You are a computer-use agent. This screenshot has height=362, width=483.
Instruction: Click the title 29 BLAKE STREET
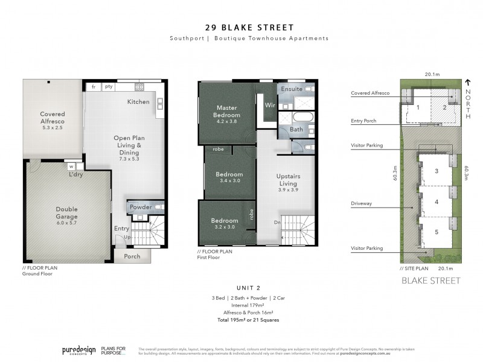coord(241,27)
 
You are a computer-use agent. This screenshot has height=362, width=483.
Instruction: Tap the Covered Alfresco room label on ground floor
coord(53,117)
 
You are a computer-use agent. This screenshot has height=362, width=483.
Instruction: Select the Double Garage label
coord(66,212)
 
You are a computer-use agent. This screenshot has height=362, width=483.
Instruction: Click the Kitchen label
coord(138,102)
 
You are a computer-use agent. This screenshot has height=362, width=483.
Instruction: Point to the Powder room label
coord(140,207)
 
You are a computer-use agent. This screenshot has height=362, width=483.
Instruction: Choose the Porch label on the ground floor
coord(132,256)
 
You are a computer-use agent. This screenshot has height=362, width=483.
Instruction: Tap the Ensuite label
coord(291,89)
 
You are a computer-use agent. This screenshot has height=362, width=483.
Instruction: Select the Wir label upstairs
coord(270,106)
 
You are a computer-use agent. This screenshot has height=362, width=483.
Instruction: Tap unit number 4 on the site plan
coord(436,202)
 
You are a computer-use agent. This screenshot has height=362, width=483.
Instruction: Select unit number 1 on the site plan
coord(418,107)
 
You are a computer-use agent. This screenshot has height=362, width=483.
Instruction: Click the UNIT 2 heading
coord(241,288)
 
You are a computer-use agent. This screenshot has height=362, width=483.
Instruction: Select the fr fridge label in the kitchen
coord(94,87)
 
